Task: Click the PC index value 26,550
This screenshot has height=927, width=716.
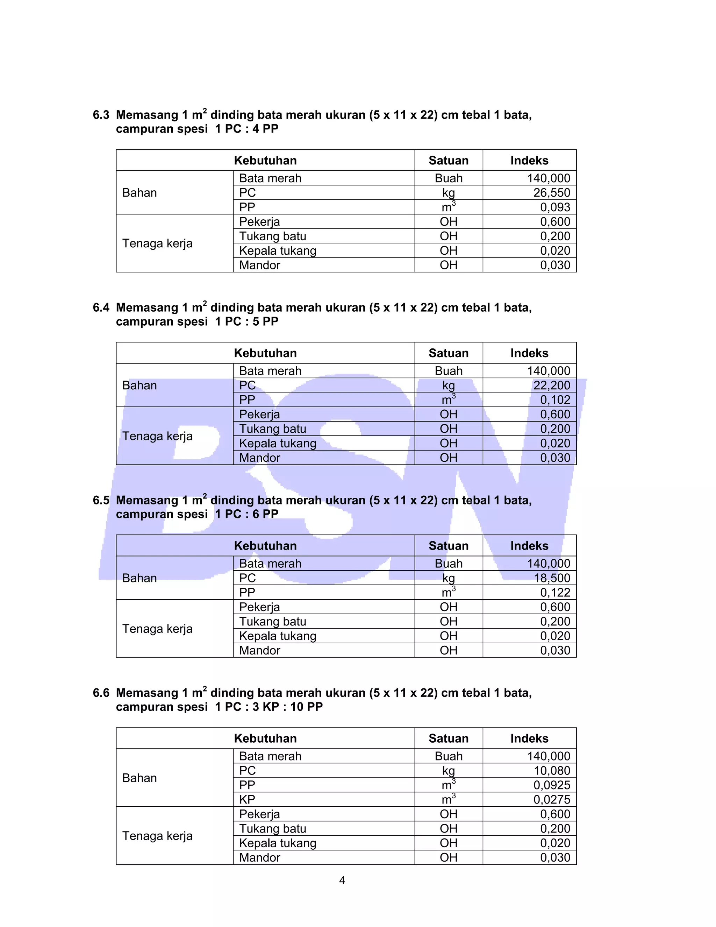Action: pyautogui.click(x=551, y=193)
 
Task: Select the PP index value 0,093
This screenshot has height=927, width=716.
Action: pyautogui.click(x=555, y=207)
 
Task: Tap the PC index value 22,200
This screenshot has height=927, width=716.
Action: pyautogui.click(x=551, y=385)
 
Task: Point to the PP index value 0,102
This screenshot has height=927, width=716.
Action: pyautogui.click(x=555, y=400)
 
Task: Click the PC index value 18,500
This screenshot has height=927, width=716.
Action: pyautogui.click(x=552, y=578)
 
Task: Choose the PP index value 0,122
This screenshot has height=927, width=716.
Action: pyautogui.click(x=555, y=593)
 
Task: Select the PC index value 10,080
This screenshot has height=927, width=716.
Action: pyautogui.click(x=552, y=771)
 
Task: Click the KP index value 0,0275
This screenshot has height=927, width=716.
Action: pyautogui.click(x=551, y=800)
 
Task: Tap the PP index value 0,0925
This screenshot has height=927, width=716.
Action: pyautogui.click(x=551, y=785)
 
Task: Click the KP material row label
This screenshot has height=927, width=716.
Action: pyautogui.click(x=247, y=800)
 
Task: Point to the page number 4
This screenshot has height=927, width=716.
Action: pyautogui.click(x=342, y=880)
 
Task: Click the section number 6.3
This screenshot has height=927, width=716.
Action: pyautogui.click(x=101, y=115)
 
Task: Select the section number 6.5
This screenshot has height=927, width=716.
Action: pyautogui.click(x=101, y=501)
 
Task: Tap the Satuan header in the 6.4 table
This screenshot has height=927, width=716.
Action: pyautogui.click(x=448, y=353)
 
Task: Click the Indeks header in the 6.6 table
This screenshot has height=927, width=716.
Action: pyautogui.click(x=529, y=738)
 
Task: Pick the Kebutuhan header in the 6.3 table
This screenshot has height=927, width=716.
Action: pyautogui.click(x=265, y=161)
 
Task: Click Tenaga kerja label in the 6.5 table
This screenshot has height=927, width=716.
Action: pyautogui.click(x=157, y=629)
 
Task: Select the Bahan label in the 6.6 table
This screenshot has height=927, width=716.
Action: pyautogui.click(x=139, y=778)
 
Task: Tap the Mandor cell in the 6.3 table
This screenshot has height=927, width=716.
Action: pyautogui.click(x=260, y=265)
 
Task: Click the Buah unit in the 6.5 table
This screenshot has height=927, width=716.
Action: pyautogui.click(x=448, y=564)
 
